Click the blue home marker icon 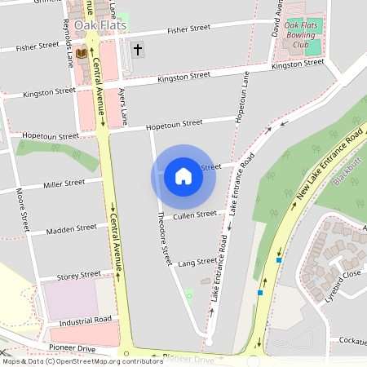click(x=183, y=176)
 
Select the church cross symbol click(x=137, y=50)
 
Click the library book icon click(x=81, y=54)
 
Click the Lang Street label click(x=197, y=263)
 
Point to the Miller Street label click(x=64, y=183)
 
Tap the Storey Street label click(x=79, y=275)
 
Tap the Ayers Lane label click(x=122, y=107)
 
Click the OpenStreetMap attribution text click(x=82, y=361)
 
